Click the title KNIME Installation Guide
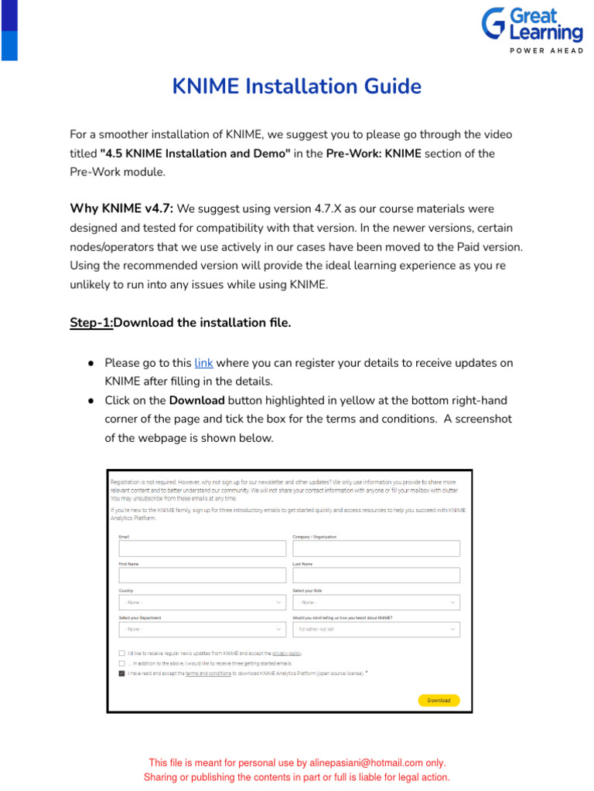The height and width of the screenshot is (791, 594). click(297, 86)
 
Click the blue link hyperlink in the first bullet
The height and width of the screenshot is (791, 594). click(203, 363)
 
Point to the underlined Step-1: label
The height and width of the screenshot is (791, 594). click(91, 323)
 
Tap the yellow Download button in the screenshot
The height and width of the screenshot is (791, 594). click(439, 700)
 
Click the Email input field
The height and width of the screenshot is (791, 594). click(202, 548)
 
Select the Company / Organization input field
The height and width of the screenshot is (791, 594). click(376, 548)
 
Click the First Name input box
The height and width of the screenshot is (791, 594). click(202, 575)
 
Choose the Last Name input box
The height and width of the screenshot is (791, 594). click(376, 575)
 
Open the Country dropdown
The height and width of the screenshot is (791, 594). click(202, 603)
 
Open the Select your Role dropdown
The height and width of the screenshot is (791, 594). click(376, 603)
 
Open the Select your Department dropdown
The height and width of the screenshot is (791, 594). click(202, 630)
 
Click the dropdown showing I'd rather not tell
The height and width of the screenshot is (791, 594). click(376, 630)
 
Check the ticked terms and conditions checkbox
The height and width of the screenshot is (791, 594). click(121, 674)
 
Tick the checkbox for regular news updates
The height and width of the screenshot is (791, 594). click(121, 654)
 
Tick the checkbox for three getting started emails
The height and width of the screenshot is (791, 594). click(121, 664)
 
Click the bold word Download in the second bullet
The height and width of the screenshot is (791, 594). click(196, 401)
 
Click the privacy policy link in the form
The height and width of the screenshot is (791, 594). click(286, 654)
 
